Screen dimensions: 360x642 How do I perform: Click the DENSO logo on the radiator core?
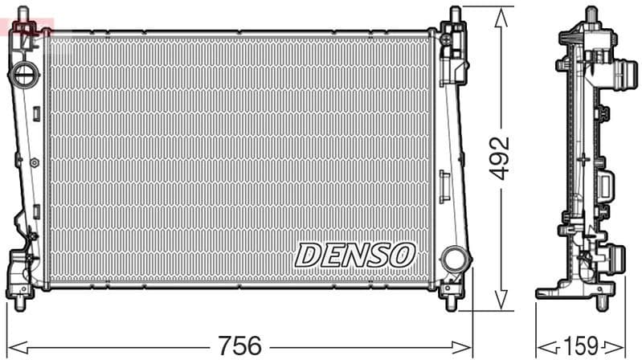point(354,255)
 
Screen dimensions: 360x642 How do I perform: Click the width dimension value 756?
point(239,346)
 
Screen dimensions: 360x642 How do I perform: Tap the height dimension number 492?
point(501,158)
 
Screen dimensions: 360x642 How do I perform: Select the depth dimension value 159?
point(581,346)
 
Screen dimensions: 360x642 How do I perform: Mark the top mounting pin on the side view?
point(591,15)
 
